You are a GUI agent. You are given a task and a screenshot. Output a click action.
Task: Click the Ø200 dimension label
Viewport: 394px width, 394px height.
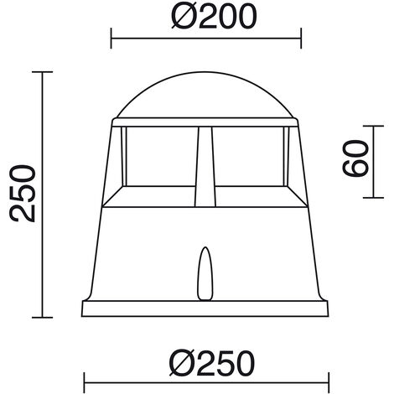point(214,16)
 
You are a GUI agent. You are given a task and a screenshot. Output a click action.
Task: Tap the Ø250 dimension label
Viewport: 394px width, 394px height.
point(212,363)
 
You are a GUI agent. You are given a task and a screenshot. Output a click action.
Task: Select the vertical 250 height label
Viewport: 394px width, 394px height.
point(23,194)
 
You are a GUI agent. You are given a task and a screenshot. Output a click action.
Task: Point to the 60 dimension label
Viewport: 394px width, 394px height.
point(355,158)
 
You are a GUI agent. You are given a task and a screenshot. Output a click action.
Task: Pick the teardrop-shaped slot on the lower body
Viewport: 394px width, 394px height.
point(205,274)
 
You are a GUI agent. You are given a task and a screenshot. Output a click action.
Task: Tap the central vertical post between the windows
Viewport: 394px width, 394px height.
point(205,167)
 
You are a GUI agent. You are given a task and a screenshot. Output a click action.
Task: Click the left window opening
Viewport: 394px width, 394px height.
point(161,157)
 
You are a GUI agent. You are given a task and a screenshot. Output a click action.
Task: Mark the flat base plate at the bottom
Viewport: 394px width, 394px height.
point(205,308)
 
